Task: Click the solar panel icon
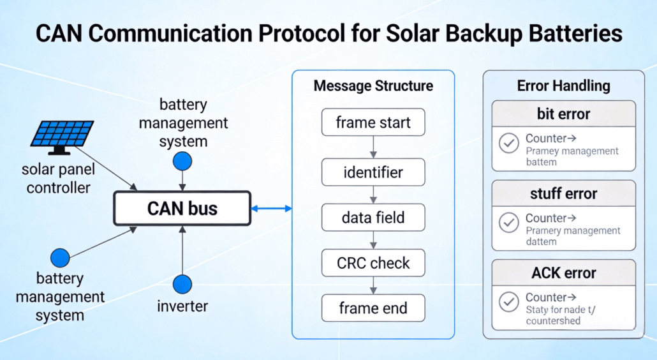click(62, 137)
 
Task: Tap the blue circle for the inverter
click(182, 284)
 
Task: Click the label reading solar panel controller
click(58, 179)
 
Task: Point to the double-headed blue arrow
click(271, 209)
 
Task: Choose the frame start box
click(373, 122)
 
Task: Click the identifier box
click(373, 172)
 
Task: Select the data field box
click(373, 218)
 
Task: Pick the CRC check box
click(373, 263)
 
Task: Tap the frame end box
click(373, 309)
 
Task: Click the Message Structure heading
click(373, 86)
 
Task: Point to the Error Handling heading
click(563, 86)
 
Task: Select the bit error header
click(563, 114)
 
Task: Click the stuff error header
click(563, 193)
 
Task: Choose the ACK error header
click(563, 273)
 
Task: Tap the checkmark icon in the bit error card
click(508, 144)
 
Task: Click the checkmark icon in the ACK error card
click(508, 303)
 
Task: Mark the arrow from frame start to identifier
click(373, 147)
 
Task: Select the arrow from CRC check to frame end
click(373, 286)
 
